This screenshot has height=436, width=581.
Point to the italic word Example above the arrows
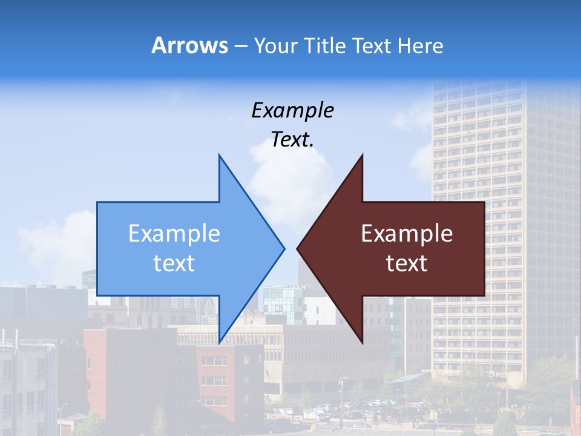292,110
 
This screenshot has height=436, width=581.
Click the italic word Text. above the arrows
292,140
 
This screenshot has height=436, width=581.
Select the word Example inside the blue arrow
174,233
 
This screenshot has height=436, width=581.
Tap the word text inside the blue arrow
174,263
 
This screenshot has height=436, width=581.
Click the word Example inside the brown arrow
407,233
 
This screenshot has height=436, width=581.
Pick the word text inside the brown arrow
407,263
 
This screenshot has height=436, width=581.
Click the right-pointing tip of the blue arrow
284,248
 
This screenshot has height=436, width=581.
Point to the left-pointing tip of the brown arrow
297,248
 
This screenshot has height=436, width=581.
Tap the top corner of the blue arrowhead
219,155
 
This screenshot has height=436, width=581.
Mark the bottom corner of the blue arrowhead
219,343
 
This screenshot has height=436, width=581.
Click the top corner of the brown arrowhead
362,155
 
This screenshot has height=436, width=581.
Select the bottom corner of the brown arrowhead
362,343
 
